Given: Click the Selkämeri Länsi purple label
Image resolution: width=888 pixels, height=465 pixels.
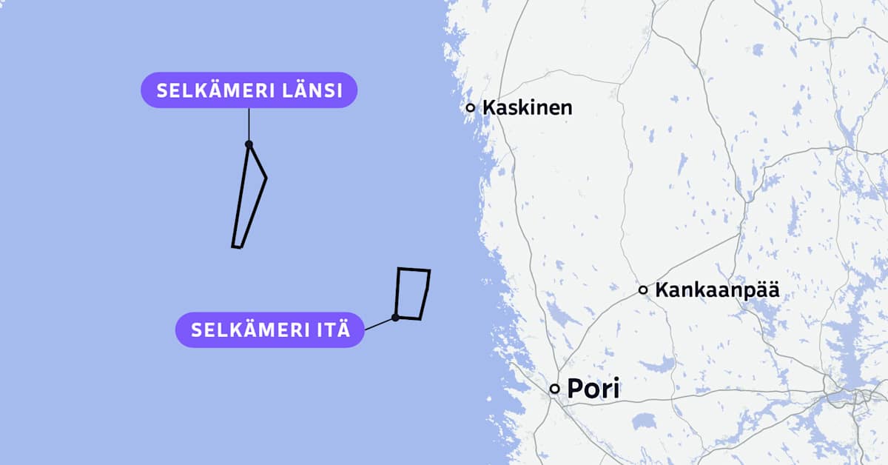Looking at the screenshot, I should [249, 90].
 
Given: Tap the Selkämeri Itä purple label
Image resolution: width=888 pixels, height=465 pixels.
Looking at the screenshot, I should [270, 329].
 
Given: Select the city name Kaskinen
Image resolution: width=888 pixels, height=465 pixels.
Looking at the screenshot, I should [527, 107].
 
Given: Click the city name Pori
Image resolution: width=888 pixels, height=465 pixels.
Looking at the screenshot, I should [593, 389].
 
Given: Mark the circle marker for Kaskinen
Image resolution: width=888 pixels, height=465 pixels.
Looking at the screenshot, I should [470, 107].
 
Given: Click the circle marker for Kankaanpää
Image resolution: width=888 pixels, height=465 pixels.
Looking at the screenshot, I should [643, 290].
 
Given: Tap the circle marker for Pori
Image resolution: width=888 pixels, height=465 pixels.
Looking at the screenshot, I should [554, 389].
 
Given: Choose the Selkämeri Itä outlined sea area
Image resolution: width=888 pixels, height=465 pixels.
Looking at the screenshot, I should [412, 294].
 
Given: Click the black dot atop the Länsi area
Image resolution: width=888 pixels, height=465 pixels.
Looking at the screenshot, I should [249, 144].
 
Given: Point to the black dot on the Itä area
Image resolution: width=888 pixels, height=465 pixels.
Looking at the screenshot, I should [396, 317].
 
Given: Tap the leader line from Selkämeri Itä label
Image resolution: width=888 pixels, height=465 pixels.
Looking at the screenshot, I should [380, 324].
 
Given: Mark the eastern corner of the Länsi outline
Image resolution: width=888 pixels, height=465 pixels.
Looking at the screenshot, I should [266, 178].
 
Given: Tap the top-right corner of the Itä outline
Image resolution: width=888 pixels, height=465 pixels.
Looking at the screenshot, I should [429, 270].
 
